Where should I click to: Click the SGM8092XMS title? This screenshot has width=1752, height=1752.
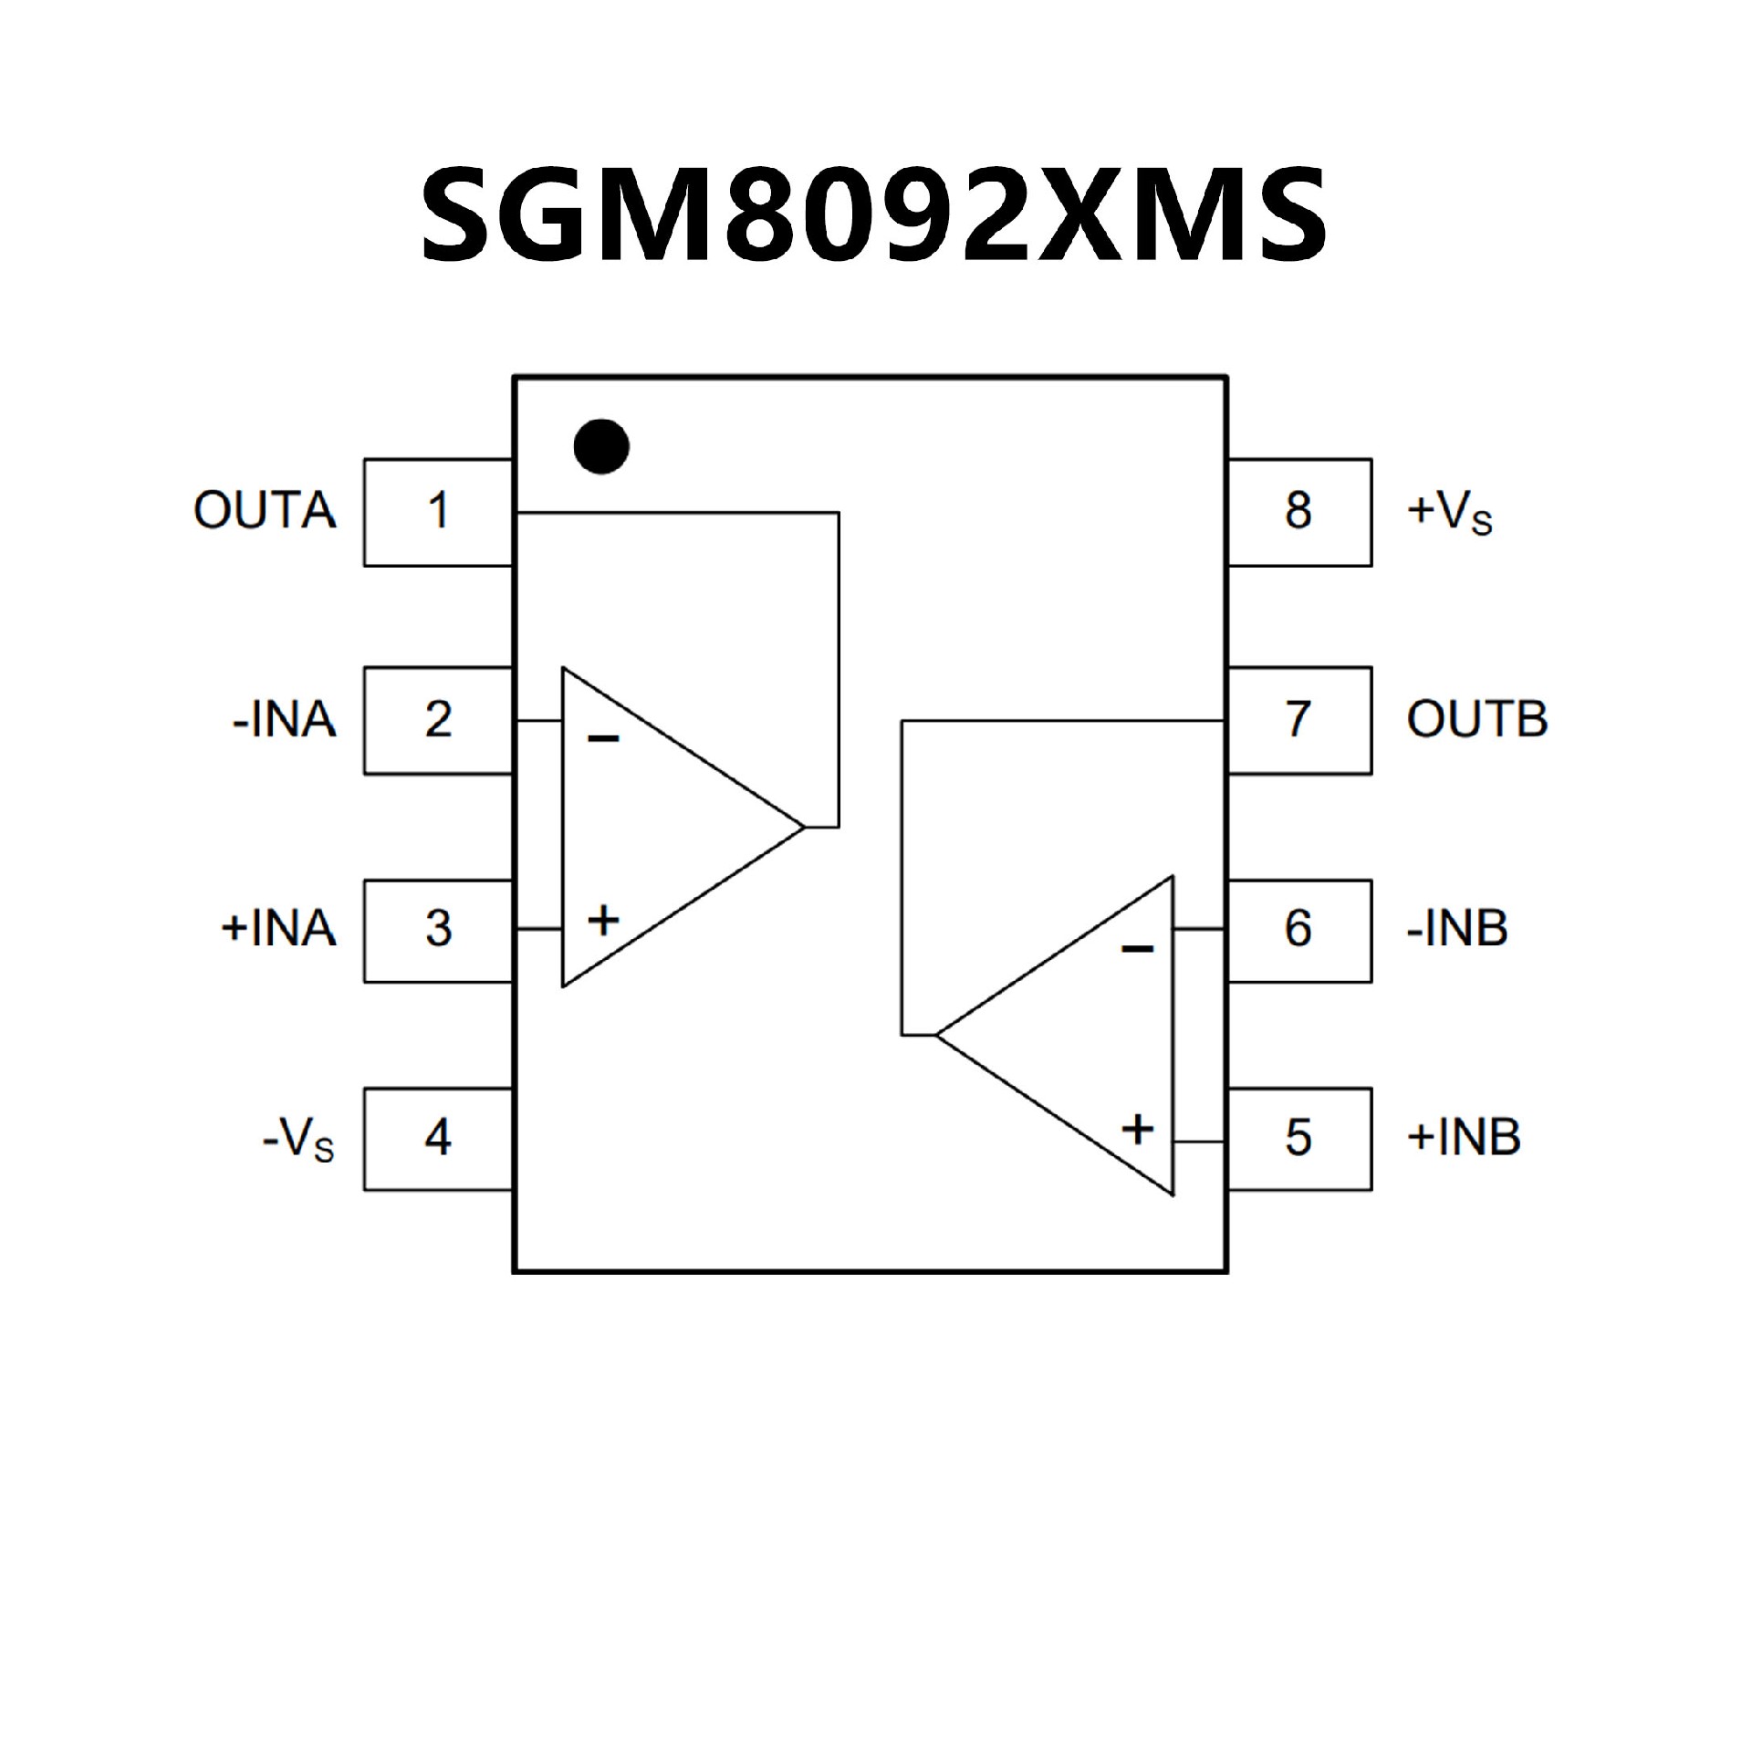(874, 214)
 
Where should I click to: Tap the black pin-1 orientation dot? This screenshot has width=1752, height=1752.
(601, 446)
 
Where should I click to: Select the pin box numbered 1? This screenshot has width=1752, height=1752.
(438, 512)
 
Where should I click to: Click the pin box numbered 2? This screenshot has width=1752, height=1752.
(438, 721)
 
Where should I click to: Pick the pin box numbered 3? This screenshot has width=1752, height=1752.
(438, 930)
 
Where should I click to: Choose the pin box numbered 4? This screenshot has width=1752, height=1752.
(438, 1138)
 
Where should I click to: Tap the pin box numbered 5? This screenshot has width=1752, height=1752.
(1298, 1138)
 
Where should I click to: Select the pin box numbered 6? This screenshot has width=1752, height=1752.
(1298, 930)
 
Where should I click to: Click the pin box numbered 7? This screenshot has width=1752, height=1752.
(1298, 721)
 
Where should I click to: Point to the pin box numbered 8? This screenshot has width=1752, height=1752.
(1298, 512)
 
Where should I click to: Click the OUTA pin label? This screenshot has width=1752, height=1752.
(265, 511)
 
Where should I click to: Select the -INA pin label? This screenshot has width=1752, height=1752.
(285, 721)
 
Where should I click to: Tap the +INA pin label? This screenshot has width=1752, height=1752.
(278, 929)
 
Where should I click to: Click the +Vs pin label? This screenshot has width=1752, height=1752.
(1450, 513)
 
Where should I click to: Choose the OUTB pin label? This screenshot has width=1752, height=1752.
(1476, 721)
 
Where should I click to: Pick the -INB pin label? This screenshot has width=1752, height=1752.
(1457, 929)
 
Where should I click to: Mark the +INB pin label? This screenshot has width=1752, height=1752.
(1464, 1138)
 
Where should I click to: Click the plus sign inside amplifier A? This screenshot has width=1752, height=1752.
(603, 920)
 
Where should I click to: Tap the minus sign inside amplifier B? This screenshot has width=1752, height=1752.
(1137, 950)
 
